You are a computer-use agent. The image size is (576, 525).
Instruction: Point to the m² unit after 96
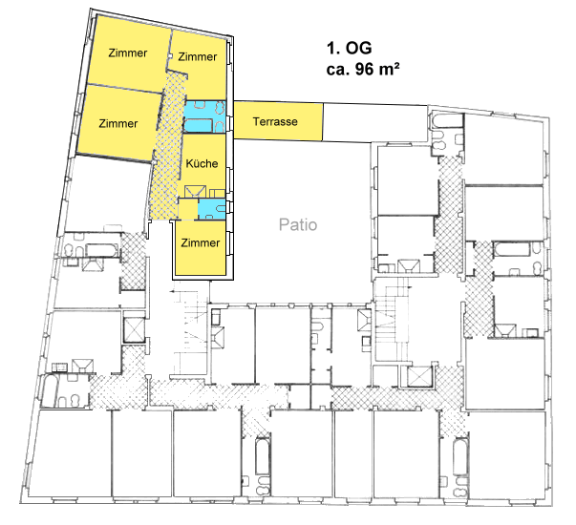387,69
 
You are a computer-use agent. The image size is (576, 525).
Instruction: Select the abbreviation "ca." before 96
336,69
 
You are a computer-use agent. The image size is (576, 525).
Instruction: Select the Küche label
202,164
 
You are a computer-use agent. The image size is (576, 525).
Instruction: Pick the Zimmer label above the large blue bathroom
198,57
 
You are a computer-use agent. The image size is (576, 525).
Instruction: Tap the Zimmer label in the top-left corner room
128,52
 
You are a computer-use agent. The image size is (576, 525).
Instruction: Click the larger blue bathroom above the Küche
206,116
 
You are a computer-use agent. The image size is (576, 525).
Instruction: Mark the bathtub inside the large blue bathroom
197,125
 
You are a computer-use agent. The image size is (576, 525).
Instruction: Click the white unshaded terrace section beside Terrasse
373,121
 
